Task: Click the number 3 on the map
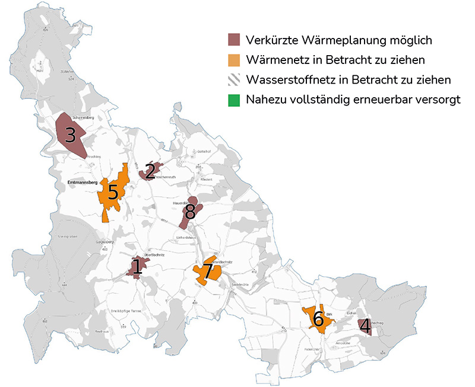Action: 70,136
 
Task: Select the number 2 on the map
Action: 150,171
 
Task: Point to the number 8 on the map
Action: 190,212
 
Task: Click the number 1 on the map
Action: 136,267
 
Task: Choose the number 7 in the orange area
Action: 207,273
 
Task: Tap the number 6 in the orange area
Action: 318,319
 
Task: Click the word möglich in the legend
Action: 410,40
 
